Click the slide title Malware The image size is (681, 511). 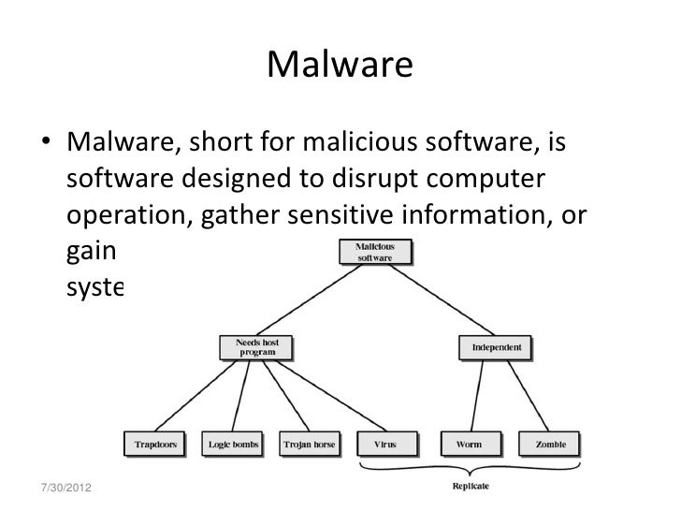(x=340, y=66)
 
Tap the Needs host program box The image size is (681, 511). (x=257, y=348)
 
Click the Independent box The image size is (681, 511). (x=496, y=348)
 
